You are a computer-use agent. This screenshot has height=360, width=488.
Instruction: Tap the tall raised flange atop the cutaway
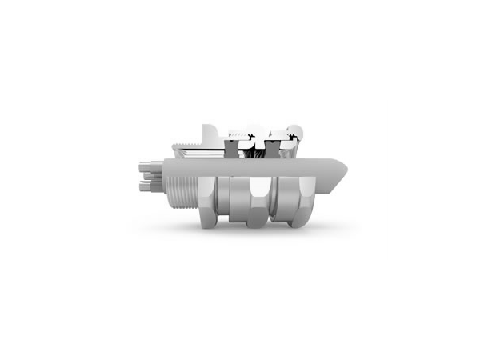(209, 133)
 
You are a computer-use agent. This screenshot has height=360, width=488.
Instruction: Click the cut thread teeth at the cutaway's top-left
(185, 142)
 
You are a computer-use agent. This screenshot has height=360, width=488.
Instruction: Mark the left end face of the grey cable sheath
(165, 173)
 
